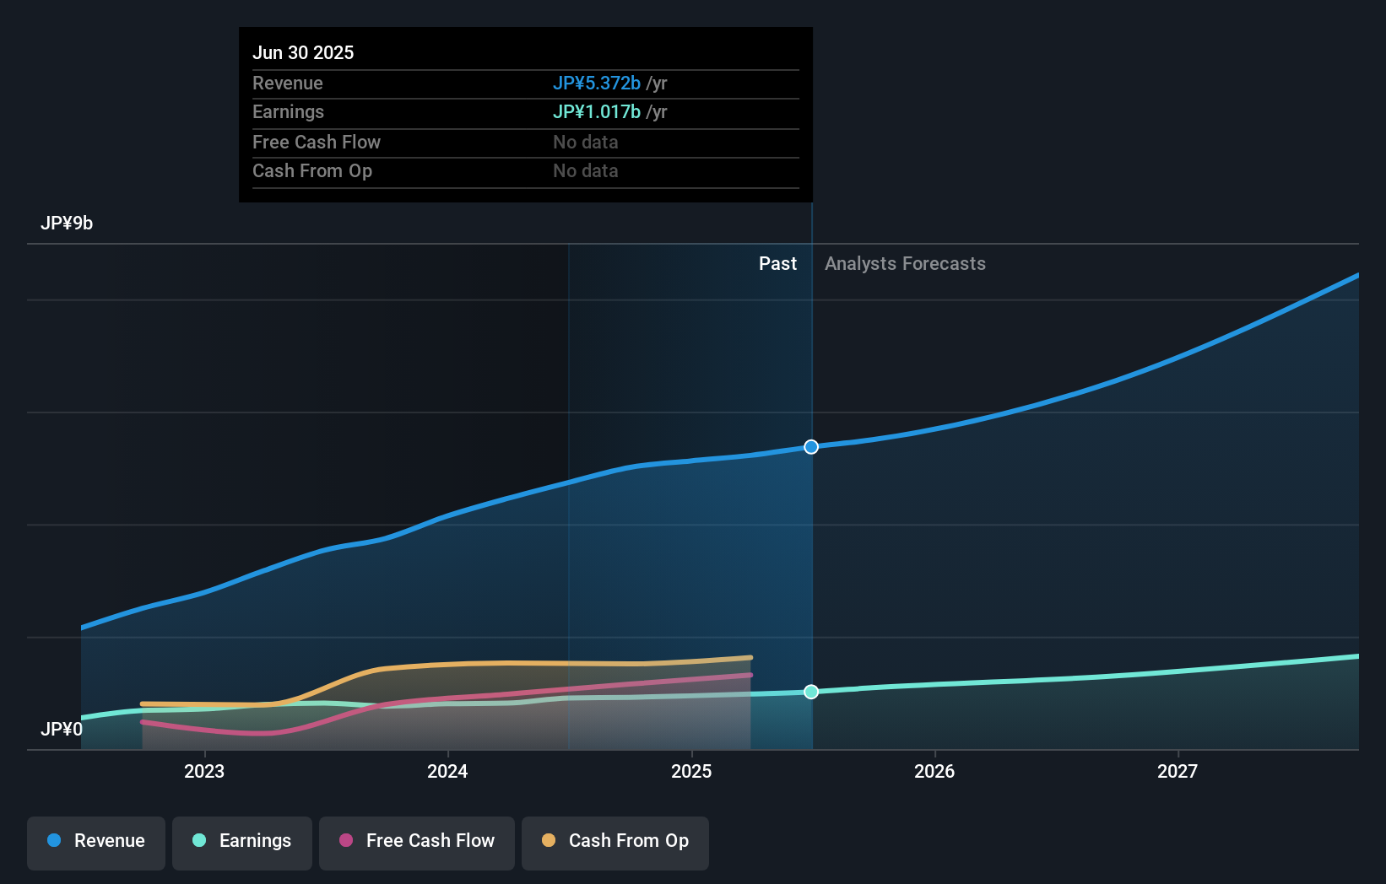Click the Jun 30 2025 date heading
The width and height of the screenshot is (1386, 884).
(303, 52)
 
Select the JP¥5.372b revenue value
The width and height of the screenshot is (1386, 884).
(596, 83)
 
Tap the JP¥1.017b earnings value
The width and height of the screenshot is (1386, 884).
(596, 111)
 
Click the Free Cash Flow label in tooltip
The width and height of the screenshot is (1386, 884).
(317, 142)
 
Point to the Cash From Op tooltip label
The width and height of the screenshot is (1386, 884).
(312, 170)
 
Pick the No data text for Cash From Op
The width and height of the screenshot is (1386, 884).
(585, 170)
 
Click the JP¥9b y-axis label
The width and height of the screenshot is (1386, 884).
(67, 223)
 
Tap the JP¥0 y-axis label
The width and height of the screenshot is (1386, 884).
(62, 729)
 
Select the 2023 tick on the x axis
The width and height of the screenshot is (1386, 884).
(204, 771)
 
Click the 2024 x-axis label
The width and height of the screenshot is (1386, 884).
(447, 771)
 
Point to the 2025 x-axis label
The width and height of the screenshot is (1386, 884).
(691, 771)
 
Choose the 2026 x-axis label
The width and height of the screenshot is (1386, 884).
(934, 771)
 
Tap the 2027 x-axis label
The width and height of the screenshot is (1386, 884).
(1178, 771)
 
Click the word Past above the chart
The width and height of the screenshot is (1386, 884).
(777, 263)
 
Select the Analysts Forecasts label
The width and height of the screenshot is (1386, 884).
(905, 263)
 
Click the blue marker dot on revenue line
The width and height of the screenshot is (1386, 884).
(811, 447)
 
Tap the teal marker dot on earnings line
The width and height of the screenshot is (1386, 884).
(811, 692)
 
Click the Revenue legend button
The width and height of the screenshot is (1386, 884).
(96, 841)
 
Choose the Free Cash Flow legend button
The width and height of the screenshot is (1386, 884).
(417, 841)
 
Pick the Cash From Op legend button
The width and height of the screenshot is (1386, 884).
(615, 841)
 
